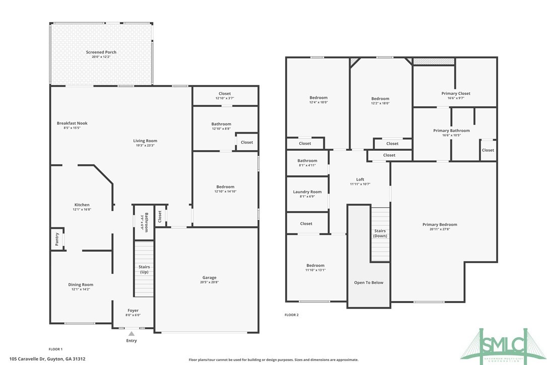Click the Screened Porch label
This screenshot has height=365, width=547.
pyautogui.click(x=101, y=52)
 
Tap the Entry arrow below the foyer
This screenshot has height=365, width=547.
pyautogui.click(x=131, y=333)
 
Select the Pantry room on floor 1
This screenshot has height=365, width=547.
pyautogui.click(x=56, y=238)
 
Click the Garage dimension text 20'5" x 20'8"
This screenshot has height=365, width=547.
pyautogui.click(x=210, y=282)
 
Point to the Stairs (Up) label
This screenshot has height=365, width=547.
pyautogui.click(x=144, y=269)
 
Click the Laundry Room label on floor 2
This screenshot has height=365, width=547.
pyautogui.click(x=307, y=192)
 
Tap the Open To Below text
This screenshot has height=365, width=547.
pyautogui.click(x=369, y=282)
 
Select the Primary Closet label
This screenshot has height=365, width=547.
pyautogui.click(x=455, y=93)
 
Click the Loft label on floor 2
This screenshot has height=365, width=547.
pyautogui.click(x=360, y=179)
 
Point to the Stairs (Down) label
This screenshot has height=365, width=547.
pyautogui.click(x=380, y=233)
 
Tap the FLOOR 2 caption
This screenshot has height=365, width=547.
pyautogui.click(x=292, y=315)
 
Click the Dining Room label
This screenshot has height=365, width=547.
pyautogui.click(x=81, y=285)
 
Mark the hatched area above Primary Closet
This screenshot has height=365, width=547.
pyautogui.click(x=434, y=62)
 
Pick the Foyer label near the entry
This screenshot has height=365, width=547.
pyautogui.click(x=132, y=311)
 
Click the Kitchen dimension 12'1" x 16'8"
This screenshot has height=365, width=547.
pyautogui.click(x=82, y=209)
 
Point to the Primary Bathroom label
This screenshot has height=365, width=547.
pyautogui.click(x=451, y=131)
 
